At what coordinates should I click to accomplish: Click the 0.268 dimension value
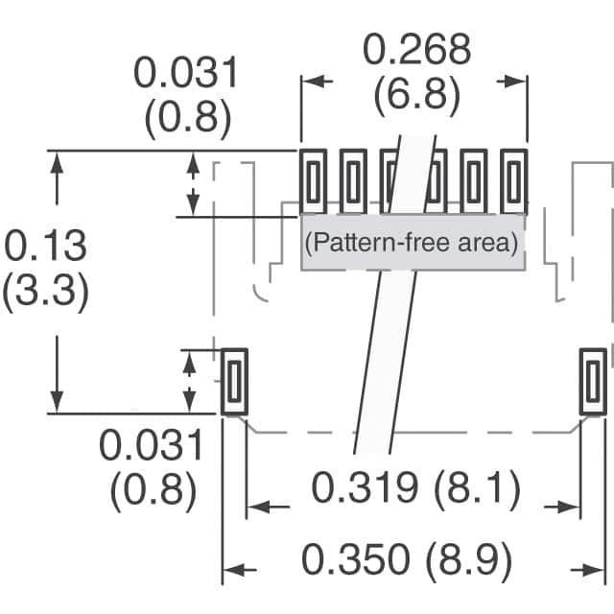(416, 50)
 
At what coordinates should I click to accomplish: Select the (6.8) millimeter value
(416, 94)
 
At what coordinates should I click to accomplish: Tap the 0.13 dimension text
(45, 247)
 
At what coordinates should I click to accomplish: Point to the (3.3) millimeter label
(45, 291)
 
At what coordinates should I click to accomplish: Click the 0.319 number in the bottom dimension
(366, 490)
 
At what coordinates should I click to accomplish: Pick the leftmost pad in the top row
(313, 181)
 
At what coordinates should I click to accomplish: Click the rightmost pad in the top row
(514, 181)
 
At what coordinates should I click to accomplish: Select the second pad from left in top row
(353, 181)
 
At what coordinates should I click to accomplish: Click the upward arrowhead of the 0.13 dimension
(59, 162)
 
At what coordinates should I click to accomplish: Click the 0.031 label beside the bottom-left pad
(153, 446)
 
